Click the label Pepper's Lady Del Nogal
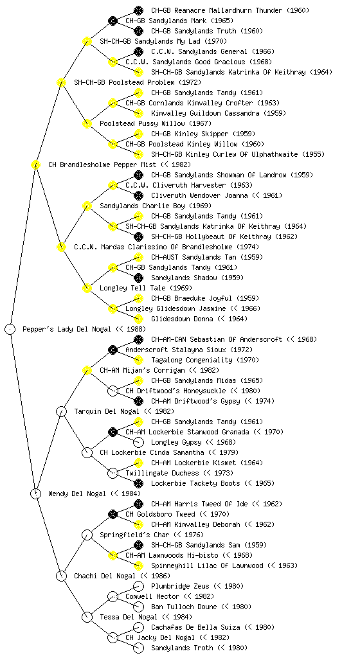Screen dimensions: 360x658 tap(67, 329)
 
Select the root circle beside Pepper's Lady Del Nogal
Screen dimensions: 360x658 tap(10, 329)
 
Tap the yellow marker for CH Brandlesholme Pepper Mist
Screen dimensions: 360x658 tap(35, 164)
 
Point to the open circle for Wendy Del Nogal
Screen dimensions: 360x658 tap(35, 493)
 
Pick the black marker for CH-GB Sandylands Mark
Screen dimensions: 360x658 tap(113, 20)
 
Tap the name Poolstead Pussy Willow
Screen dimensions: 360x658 tap(142, 123)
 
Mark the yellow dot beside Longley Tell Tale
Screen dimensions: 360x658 tap(87, 288)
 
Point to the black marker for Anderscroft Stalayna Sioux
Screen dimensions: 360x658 tap(113, 349)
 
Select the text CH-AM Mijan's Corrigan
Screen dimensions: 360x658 tap(142, 370)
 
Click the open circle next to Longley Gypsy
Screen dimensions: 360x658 tap(138, 442)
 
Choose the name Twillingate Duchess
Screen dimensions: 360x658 tap(163, 473)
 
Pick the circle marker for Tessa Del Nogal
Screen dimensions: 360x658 tap(87, 617)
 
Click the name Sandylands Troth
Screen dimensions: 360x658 tap(182, 648)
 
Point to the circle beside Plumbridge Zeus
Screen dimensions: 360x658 tap(138, 586)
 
